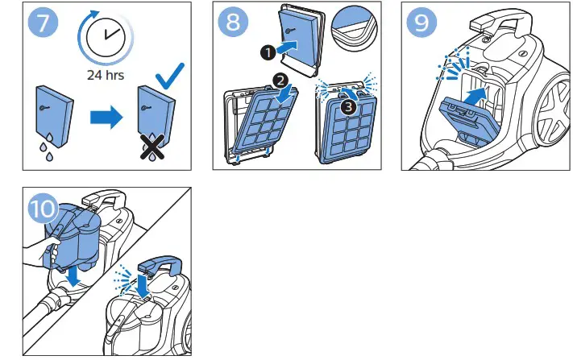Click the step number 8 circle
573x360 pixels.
click(x=233, y=23)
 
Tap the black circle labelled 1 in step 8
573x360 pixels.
click(x=266, y=52)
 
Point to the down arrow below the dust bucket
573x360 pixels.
click(x=73, y=275)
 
